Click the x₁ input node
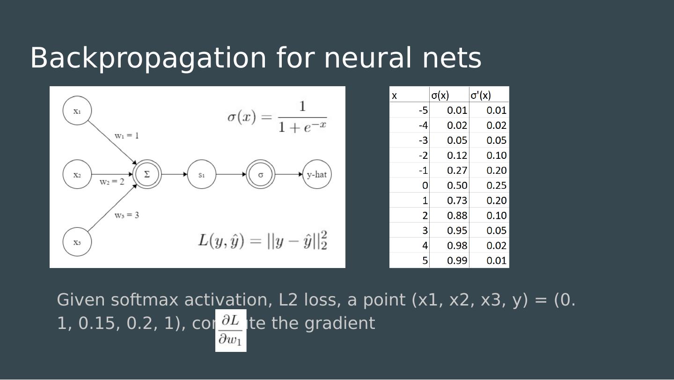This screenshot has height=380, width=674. [77, 111]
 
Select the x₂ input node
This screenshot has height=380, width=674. [77, 175]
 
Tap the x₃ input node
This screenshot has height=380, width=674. [77, 242]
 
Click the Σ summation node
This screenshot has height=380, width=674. [147, 174]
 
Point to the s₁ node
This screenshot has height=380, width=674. [202, 175]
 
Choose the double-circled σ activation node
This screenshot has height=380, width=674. [261, 175]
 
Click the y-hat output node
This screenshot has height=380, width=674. [317, 175]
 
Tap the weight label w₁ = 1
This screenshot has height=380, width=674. [126, 136]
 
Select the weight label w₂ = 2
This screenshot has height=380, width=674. [112, 182]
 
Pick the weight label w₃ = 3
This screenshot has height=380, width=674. [126, 216]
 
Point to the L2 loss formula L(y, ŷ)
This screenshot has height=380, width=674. [263, 240]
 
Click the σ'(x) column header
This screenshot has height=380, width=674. [481, 96]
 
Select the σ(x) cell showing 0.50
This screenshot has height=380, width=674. [457, 186]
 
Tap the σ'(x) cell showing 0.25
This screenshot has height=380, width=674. [496, 186]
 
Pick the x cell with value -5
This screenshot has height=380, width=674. [423, 111]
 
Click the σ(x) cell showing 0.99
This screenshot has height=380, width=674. [457, 261]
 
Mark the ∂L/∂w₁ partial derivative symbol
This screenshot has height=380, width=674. [231, 330]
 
